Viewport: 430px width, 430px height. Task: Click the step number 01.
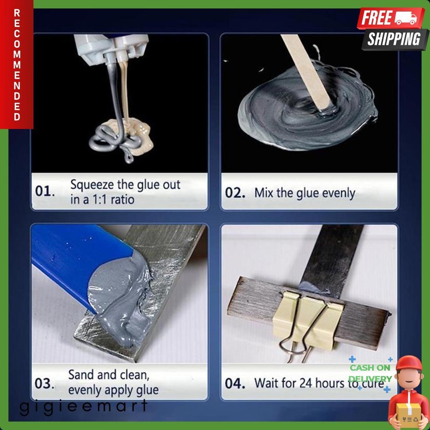[45, 191]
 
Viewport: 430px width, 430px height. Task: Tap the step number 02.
[235, 193]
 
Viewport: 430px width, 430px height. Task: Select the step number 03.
[44, 383]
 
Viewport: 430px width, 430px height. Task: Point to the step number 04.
[235, 383]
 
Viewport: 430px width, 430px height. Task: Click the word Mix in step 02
[264, 193]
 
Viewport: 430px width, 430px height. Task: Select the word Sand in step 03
[83, 375]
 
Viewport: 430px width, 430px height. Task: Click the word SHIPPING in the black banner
[394, 39]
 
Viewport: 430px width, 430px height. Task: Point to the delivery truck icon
[405, 18]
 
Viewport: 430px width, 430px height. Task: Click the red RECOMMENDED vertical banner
[17, 65]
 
